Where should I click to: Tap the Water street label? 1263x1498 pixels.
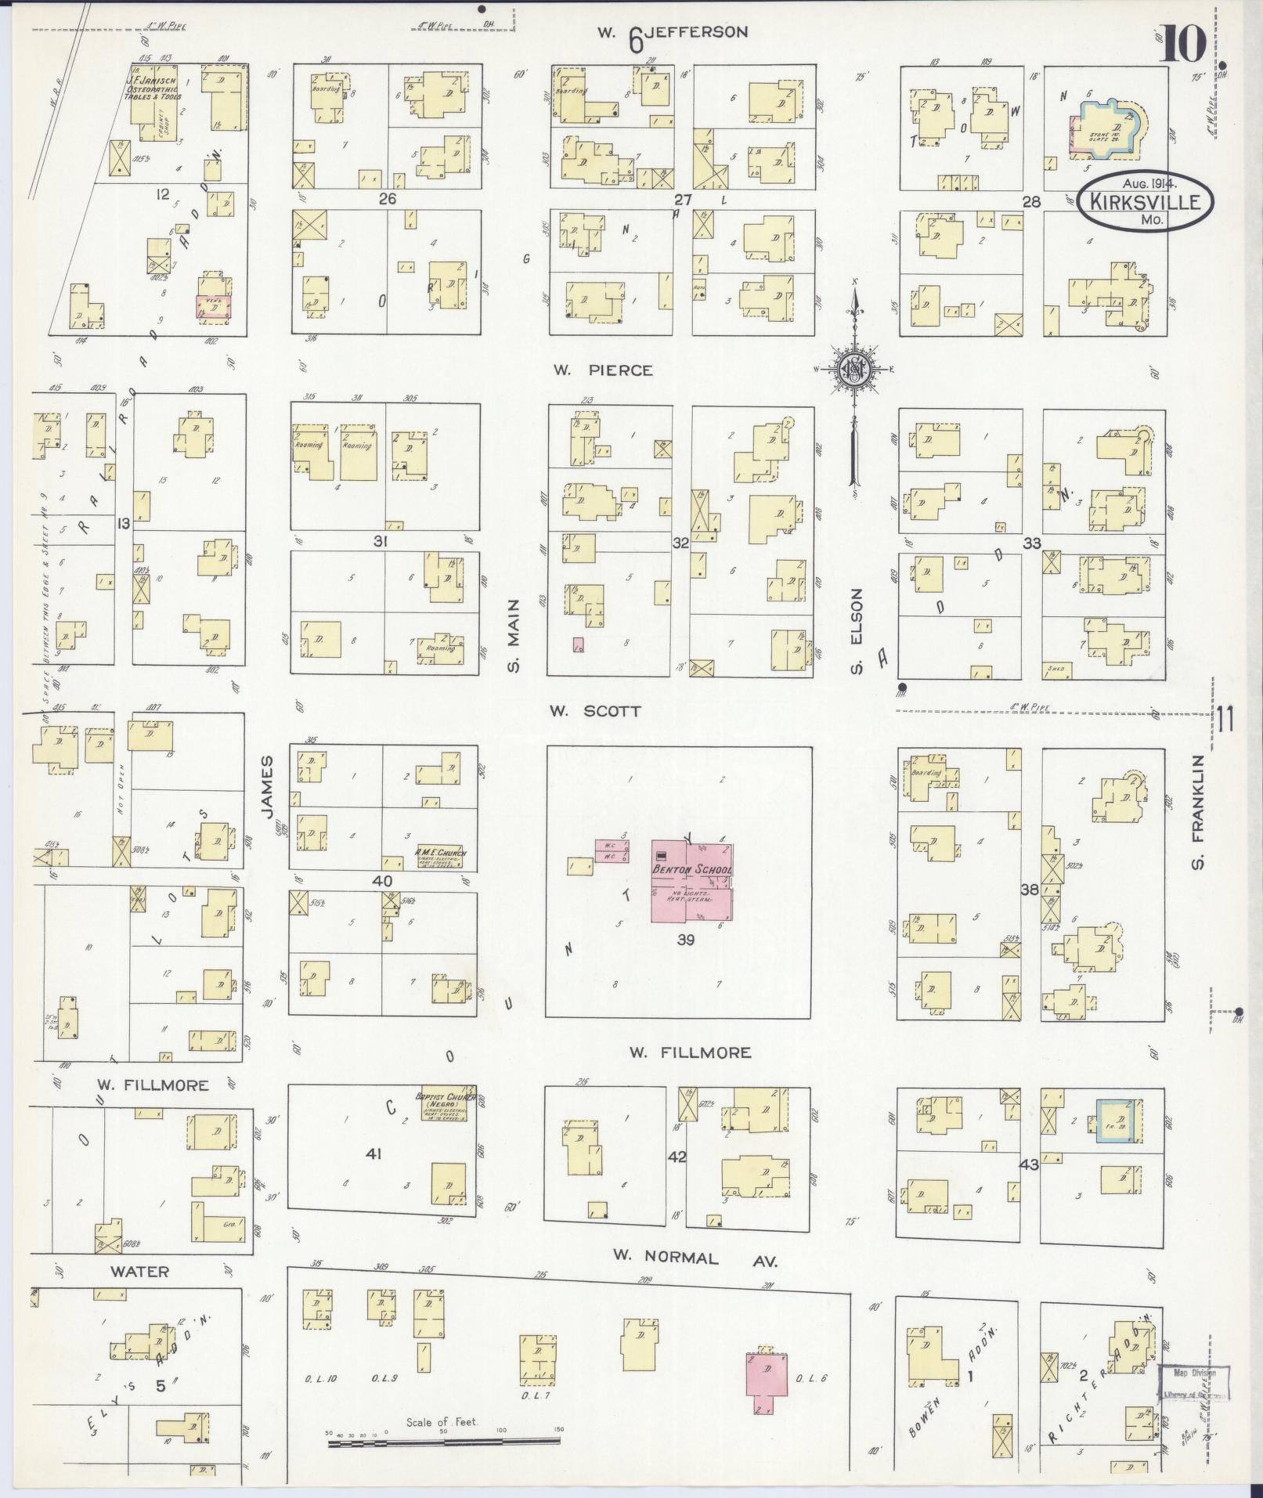click(139, 1270)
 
